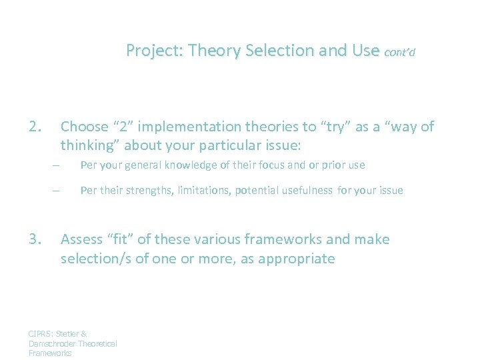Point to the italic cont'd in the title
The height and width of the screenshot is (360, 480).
coord(400,52)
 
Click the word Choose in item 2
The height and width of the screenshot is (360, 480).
coord(84,127)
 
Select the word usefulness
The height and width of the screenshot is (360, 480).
coord(306,191)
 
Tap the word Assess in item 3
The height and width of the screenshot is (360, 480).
coord(82,239)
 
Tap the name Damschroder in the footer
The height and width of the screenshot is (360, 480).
coord(52,344)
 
